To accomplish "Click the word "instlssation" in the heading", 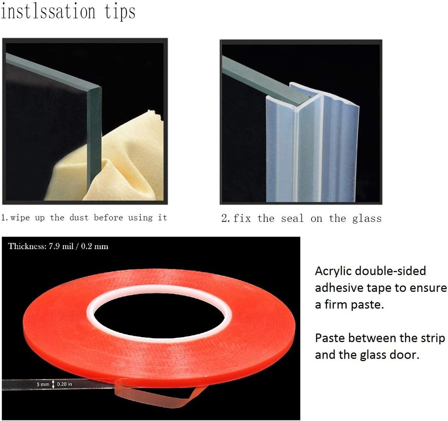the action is (48, 12).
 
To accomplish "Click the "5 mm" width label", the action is (43, 384).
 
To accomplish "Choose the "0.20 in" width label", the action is (65, 384).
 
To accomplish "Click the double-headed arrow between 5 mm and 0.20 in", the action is (53, 384).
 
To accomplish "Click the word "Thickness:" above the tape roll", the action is (27, 246).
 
